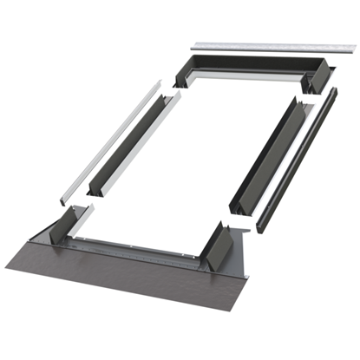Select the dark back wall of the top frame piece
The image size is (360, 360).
(252, 63)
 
